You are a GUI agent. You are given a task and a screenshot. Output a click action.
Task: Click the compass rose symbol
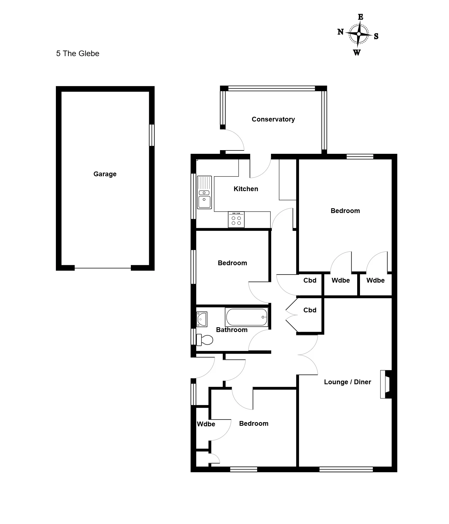pos(359,34)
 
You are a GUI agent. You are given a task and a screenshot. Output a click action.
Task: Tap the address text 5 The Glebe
pos(78,54)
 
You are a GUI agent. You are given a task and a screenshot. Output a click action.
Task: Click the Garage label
pos(105,174)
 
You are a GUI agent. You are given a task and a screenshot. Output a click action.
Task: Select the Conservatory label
pos(273,119)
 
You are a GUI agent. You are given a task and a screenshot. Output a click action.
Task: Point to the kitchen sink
pos(204,192)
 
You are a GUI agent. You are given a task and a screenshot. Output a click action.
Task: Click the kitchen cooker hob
pos(236,219)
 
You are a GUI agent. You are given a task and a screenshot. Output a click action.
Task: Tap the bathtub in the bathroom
pos(247,317)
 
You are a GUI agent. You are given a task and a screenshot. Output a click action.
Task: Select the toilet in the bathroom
pos(204,340)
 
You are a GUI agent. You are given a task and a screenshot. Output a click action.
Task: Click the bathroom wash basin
pos(202,319)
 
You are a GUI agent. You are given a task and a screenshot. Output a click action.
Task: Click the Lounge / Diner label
pos(348,382)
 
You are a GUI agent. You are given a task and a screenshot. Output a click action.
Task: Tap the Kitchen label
pos(246,189)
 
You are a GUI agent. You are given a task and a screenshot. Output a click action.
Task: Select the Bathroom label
pos(232,330)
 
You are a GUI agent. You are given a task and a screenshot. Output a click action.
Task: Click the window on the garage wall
pos(152,135)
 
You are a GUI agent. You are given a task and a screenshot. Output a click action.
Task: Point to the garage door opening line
pos(103,268)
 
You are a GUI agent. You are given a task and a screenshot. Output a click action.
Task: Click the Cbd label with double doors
pos(310,310)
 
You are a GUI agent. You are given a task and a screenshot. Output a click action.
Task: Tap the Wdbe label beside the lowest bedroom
pos(206,424)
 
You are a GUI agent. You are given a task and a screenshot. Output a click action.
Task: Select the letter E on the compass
pos(361,17)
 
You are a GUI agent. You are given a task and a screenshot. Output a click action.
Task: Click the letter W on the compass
pos(357,52)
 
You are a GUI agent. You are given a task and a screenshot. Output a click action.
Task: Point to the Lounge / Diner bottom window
pos(346,469)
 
